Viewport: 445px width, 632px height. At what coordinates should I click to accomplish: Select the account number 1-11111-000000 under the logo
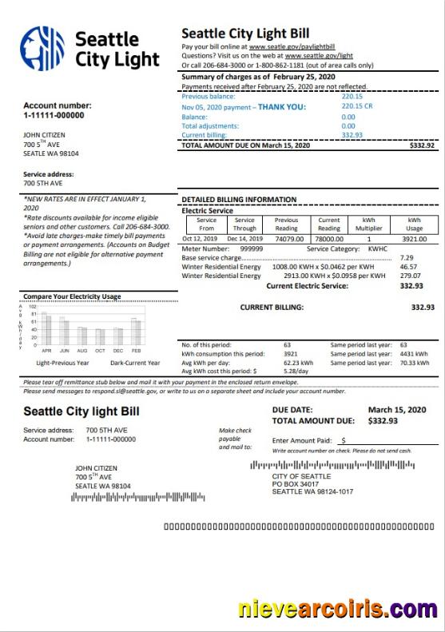tap(54, 115)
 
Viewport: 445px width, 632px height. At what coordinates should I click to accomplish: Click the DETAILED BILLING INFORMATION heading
tap(239, 199)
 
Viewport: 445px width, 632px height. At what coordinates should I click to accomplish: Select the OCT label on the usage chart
tap(100, 351)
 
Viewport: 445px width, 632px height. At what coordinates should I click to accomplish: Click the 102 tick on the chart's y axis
tap(33, 306)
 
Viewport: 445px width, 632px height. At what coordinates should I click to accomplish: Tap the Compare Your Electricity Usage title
tap(72, 296)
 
